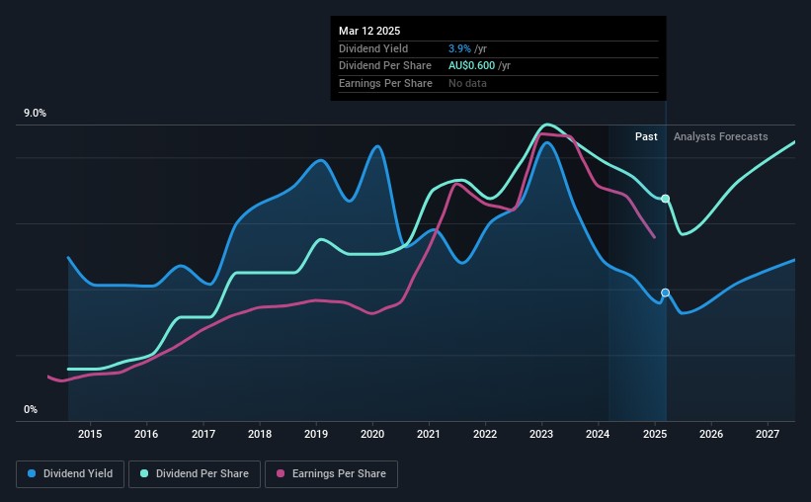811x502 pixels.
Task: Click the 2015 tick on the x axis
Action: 90,434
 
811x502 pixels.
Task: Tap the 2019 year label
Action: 316,434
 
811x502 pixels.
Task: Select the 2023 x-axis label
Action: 541,434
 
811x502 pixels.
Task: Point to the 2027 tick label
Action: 768,434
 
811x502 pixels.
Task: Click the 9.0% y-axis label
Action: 36,114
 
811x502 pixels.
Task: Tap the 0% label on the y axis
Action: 31,410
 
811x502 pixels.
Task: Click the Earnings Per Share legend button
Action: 332,474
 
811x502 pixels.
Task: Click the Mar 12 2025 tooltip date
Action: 367,31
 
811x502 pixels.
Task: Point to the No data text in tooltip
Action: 467,83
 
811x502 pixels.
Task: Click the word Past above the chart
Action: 646,136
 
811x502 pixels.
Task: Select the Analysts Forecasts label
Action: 720,136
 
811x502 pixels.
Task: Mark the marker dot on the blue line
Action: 665,293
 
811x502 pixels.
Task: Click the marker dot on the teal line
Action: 666,199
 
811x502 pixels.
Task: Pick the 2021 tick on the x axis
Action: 429,434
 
